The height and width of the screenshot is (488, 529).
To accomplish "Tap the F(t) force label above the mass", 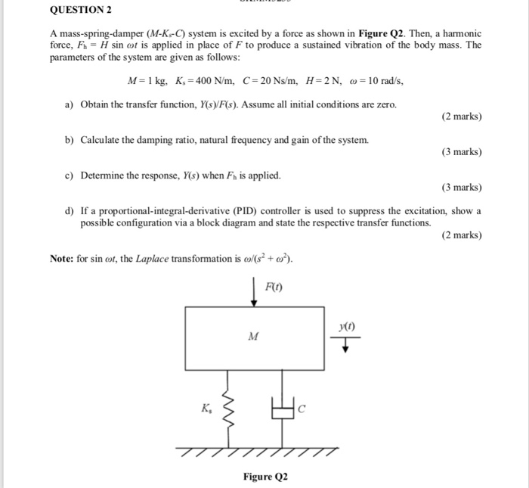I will click(x=274, y=285).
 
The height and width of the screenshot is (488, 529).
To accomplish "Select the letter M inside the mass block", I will click(x=253, y=337).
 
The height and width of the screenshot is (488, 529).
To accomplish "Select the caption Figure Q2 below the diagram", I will click(x=265, y=477).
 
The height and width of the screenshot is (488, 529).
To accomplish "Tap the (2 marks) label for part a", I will click(x=460, y=117).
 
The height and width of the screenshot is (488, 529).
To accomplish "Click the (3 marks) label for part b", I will click(x=460, y=152).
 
